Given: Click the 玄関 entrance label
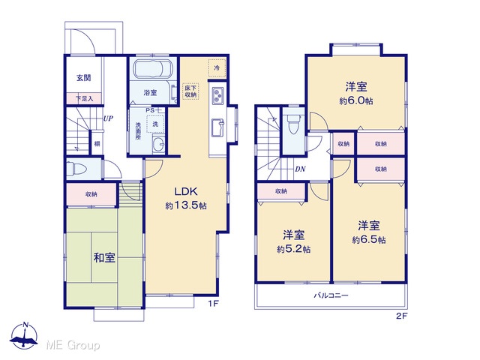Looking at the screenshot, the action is click(x=83, y=78).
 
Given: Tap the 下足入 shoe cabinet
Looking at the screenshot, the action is click(x=84, y=98).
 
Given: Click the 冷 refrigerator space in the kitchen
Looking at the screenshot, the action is click(x=217, y=68).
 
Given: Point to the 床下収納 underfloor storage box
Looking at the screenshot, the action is click(x=190, y=91).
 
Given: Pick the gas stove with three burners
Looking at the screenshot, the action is click(x=217, y=95).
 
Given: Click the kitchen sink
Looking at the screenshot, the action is click(x=217, y=127).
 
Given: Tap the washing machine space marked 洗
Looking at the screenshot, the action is click(x=155, y=124).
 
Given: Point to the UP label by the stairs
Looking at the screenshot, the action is click(x=108, y=118).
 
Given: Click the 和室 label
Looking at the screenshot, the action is click(x=104, y=258).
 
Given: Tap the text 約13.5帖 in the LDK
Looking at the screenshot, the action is click(x=186, y=205).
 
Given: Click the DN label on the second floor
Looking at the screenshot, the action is click(x=300, y=169).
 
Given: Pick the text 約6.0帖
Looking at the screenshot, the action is click(x=356, y=100).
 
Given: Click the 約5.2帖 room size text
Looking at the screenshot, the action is click(x=294, y=250).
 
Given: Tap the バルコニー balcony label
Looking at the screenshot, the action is click(x=331, y=295).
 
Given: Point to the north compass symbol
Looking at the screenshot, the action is click(x=25, y=336).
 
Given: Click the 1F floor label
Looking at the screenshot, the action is click(x=213, y=304).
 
